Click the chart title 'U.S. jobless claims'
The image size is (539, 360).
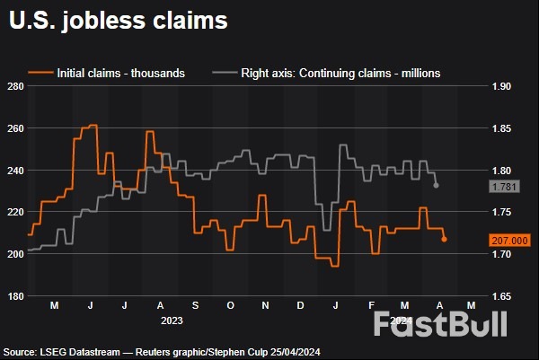pos(117,20)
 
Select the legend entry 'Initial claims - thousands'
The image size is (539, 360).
pos(108,72)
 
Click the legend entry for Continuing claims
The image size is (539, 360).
pos(327,72)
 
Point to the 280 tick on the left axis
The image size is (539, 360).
pos(14,87)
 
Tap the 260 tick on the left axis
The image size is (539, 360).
pos(14,128)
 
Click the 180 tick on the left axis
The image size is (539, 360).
pos(14,296)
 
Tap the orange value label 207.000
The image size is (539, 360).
pos(511,240)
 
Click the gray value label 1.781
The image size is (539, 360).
pos(504,186)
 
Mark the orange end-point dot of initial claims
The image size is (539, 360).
pos(444,239)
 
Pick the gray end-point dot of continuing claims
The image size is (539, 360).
pos(436,186)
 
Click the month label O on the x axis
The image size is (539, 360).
pos(229,306)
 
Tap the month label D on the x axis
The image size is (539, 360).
pos(299,306)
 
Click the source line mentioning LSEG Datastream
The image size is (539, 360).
pos(162,352)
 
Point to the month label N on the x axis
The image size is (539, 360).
pos(264,306)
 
